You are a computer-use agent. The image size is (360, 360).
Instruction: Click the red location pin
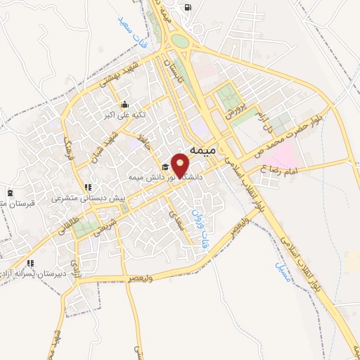181,166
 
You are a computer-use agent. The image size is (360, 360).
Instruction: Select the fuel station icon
187,8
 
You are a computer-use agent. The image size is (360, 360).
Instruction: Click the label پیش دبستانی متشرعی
86,199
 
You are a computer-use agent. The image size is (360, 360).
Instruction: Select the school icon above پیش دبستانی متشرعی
87,188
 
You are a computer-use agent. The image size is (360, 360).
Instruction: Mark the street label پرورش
233,108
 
